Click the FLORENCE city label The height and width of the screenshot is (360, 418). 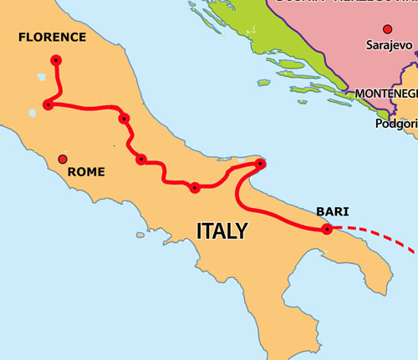coord(52,37)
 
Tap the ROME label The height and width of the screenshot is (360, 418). coord(86,171)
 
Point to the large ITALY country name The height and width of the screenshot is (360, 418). coord(222,230)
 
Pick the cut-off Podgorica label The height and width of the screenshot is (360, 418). coord(397,124)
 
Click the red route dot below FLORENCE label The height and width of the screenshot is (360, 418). coord(56,60)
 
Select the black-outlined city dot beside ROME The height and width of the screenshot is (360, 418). coord(62,159)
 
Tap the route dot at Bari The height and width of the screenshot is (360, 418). coord(326,228)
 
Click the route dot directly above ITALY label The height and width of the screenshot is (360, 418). coord(195,188)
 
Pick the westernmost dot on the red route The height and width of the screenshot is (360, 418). coord(48,104)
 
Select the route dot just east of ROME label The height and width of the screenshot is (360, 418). coord(141,159)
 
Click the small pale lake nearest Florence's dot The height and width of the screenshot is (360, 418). coord(40,77)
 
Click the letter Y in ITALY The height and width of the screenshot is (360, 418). coord(241,230)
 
